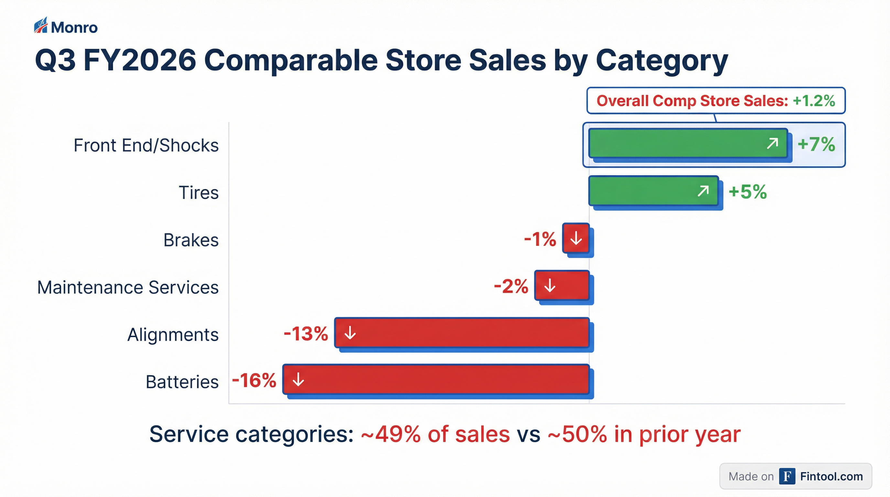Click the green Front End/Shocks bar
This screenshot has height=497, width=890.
click(x=688, y=143)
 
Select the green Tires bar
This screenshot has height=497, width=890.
click(x=654, y=191)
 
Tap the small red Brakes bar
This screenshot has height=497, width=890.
click(x=576, y=238)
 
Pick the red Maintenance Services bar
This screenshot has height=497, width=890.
click(x=562, y=285)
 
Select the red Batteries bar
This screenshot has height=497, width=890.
click(x=436, y=380)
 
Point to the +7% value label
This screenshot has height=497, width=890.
click(x=816, y=144)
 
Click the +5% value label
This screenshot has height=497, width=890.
click(x=748, y=192)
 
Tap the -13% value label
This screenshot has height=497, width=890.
click(x=306, y=334)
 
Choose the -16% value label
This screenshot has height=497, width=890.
click(x=254, y=381)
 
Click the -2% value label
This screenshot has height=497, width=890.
click(x=511, y=286)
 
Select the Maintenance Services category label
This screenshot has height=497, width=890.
click(x=128, y=287)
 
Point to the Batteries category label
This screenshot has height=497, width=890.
click(x=182, y=382)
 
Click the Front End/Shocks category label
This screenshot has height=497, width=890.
click(x=146, y=145)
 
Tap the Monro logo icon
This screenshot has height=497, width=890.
click(x=41, y=25)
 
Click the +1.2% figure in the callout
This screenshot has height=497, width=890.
click(x=814, y=101)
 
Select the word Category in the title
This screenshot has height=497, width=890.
click(x=662, y=61)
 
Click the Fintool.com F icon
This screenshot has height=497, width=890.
click(x=787, y=476)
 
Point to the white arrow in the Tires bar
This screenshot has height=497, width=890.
click(x=703, y=191)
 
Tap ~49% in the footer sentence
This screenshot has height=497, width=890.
click(x=391, y=434)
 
